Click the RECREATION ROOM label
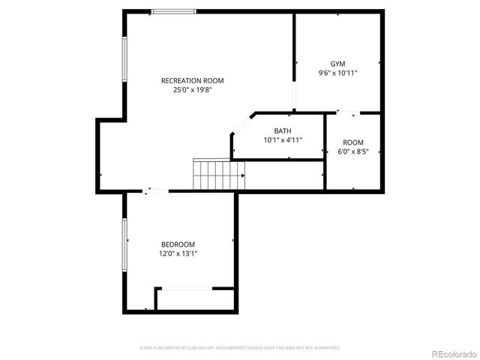tap(193, 80)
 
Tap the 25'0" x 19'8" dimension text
tap(193, 90)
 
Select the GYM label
tap(337, 64)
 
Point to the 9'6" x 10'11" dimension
tap(337, 73)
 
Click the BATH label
tap(283, 130)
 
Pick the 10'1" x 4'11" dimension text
tap(283, 140)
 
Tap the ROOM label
tap(353, 142)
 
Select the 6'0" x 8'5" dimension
tap(353, 152)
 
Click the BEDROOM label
tap(178, 244)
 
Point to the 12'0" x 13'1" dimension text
tap(178, 254)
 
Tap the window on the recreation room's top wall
tap(173, 11)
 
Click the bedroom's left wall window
tap(125, 245)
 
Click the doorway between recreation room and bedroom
tap(157, 191)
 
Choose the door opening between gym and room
tap(348, 113)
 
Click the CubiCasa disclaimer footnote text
tap(240, 348)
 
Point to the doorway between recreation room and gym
tap(294, 96)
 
